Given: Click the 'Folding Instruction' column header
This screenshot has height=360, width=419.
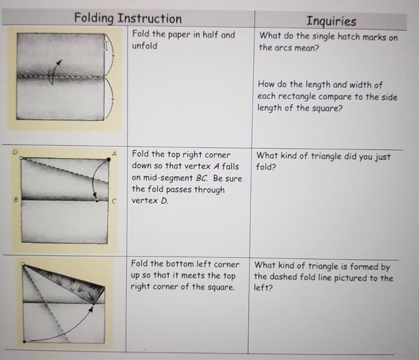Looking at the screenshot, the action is click(127, 19).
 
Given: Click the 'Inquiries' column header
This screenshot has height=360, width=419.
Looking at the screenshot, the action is click(331, 21).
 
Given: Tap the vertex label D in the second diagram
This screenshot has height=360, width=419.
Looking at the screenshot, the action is click(15, 152).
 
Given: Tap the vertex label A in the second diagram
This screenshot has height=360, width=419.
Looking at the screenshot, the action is click(114, 154).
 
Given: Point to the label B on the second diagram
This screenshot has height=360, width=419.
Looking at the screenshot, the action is click(16, 199).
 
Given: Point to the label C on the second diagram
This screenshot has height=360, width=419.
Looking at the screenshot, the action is click(114, 201).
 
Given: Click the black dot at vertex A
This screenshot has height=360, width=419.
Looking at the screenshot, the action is click(108, 160).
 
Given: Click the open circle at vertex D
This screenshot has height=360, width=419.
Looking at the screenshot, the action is click(22, 158).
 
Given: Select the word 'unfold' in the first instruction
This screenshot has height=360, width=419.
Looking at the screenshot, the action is click(145, 46).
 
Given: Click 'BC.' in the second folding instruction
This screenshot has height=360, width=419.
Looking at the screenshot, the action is click(202, 178).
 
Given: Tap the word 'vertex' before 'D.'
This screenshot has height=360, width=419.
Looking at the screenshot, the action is click(145, 200).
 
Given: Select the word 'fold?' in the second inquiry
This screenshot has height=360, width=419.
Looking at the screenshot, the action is click(266, 167).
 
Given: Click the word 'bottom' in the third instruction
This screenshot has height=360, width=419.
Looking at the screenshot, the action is click(181, 264).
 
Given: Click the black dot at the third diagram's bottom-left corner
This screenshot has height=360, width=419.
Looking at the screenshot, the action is click(25, 341).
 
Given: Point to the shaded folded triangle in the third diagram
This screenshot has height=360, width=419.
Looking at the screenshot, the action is click(77, 283).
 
